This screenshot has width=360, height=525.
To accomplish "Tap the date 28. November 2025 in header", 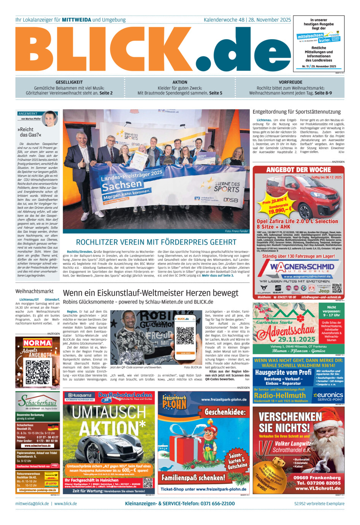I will point(270,20).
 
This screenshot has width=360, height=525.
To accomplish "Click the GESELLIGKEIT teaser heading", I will point(69,82).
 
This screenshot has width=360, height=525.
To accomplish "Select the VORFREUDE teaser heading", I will point(290,82).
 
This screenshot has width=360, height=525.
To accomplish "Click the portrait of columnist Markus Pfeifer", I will point(50,119).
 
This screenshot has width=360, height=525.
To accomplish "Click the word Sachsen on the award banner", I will point(122,185).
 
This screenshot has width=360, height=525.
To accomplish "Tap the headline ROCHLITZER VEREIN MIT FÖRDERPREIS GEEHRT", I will point(156,242).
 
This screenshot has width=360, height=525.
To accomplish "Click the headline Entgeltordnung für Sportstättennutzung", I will point(297,112).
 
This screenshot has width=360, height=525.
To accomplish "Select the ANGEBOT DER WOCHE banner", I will point(298,170).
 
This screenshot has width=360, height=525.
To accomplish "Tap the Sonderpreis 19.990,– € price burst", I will point(279,208).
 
